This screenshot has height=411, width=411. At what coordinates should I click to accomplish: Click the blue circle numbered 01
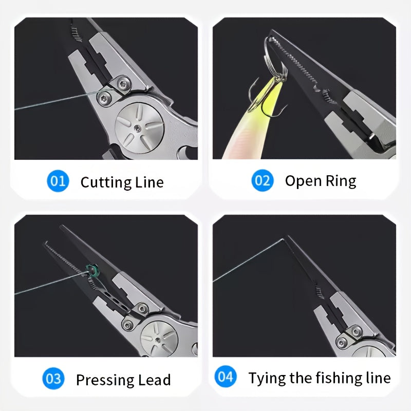tap(58, 181)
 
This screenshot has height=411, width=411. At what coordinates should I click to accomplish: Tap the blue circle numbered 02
tap(262, 181)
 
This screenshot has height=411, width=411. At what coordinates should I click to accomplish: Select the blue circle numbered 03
tap(54, 380)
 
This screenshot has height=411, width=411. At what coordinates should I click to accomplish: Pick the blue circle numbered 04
tap(226, 378)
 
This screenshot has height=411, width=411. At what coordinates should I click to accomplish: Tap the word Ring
tap(341, 181)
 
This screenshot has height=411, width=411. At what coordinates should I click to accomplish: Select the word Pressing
tap(104, 380)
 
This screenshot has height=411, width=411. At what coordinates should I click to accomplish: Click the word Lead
tap(154, 380)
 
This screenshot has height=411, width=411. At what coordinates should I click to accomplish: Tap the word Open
tap(303, 181)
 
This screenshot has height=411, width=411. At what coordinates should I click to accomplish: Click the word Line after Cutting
tap(149, 182)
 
